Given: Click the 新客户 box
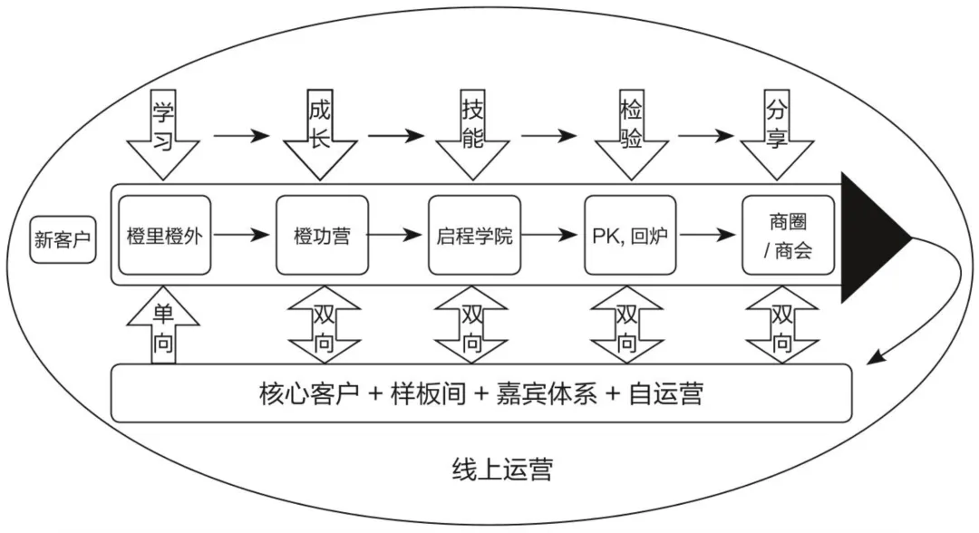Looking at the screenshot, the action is click(x=63, y=239).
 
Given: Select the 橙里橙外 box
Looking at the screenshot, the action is click(x=165, y=236).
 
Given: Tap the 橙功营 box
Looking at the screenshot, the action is click(x=322, y=236).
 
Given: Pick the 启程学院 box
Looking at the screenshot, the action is click(x=474, y=236).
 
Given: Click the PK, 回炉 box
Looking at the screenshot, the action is click(x=630, y=236).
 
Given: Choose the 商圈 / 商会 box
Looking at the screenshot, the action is click(x=788, y=236).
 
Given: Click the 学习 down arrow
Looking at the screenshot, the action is click(x=163, y=135).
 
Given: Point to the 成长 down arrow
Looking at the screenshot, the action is click(x=320, y=135).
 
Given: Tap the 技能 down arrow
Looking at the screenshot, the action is click(x=472, y=135).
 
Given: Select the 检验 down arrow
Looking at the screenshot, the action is click(x=631, y=135).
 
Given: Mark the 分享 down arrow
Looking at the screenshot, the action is click(x=777, y=135).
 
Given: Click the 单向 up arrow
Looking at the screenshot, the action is click(x=163, y=325).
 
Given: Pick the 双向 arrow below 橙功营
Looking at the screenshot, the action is click(x=324, y=325).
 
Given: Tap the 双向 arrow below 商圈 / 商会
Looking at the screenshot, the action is click(x=781, y=325).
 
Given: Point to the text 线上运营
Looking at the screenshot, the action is click(x=502, y=470).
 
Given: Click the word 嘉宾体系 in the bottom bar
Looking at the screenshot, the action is click(x=547, y=393).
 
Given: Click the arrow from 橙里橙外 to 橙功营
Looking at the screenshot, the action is click(x=242, y=236).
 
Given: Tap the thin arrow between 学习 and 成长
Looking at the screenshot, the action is click(x=242, y=135).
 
